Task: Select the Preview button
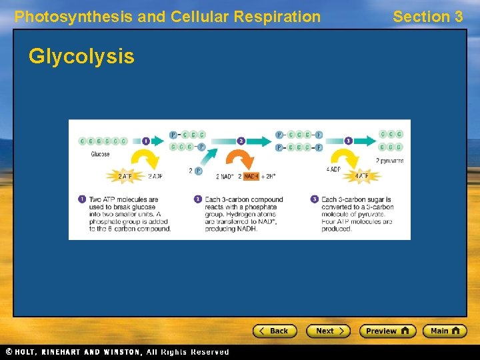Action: pos(387,331)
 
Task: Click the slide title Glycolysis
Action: pos(81,57)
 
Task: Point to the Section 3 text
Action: pos(427,17)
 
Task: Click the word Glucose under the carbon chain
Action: pos(100,154)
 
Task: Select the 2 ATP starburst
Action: pos(125,176)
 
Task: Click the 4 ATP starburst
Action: pos(361,176)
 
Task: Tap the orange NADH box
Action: pos(251,177)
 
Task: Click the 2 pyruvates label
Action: pos(389,161)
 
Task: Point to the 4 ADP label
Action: pos(333,169)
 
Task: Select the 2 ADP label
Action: pos(155,176)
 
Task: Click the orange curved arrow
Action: pos(239,160)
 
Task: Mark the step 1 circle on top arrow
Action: pos(146,141)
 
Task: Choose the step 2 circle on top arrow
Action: pos(241,141)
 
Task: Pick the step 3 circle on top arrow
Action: pos(348,141)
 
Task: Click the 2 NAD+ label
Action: pos(226,177)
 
